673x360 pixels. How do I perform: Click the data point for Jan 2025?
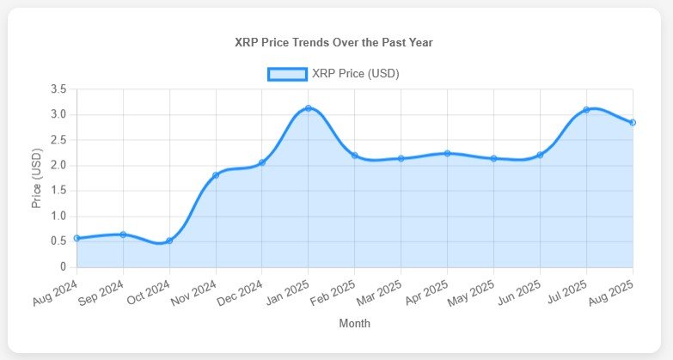308,108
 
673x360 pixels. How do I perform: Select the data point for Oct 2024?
169,241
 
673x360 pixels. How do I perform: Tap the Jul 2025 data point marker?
586,110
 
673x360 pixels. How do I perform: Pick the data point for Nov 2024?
216,175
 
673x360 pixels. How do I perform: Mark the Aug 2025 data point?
633,123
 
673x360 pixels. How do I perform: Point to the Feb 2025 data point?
354,156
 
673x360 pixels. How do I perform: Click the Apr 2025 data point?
447,154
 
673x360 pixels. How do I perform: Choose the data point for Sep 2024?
123,235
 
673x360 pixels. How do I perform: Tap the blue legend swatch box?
286,74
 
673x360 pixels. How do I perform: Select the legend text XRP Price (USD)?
356,74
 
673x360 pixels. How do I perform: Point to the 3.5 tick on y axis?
58,89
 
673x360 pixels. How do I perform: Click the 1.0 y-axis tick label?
58,217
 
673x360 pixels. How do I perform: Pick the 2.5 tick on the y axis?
58,140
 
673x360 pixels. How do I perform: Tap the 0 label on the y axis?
63,267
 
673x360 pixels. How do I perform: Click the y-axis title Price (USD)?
37,178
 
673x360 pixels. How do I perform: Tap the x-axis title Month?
354,324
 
